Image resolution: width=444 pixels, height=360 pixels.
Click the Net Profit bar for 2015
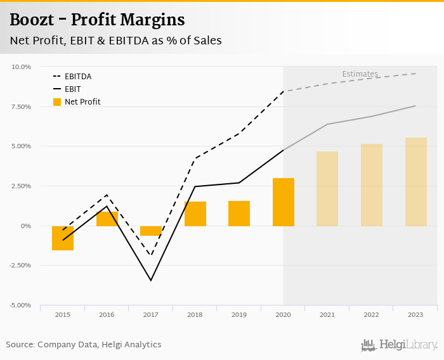(63, 238)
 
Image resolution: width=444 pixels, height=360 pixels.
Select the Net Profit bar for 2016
(107, 219)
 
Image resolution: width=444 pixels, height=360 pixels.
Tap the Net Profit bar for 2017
(151, 231)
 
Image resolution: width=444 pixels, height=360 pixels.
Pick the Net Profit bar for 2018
(195, 214)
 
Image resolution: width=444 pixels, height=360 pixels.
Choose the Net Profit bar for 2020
(284, 202)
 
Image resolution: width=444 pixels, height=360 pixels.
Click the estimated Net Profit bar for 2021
(327, 189)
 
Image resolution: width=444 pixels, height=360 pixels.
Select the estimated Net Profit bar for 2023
(416, 182)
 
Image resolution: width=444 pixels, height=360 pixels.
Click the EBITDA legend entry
(78, 76)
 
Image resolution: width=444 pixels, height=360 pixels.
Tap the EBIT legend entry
(72, 89)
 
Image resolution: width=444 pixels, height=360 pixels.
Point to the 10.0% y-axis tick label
(22, 67)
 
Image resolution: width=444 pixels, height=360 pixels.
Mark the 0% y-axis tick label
(27, 226)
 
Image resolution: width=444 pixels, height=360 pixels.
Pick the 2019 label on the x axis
(239, 314)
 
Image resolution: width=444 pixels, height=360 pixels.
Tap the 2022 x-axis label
(372, 314)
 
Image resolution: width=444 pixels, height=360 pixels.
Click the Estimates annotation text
(360, 74)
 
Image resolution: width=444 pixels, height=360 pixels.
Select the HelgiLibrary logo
(399, 345)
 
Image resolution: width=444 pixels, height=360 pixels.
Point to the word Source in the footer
(20, 344)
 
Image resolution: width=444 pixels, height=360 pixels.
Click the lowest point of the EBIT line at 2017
(151, 280)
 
